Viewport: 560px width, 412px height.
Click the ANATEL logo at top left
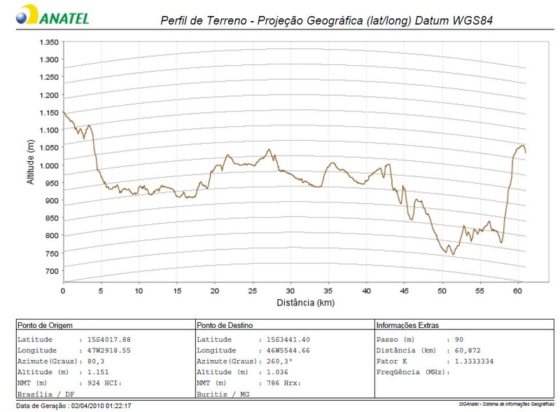click(52, 15)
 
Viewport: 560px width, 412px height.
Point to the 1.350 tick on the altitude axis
click(48, 42)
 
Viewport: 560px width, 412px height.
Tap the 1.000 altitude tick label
click(48, 165)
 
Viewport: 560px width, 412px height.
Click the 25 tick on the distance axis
click(253, 290)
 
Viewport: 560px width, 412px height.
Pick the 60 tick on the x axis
click(518, 290)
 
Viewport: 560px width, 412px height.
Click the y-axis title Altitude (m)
click(30, 162)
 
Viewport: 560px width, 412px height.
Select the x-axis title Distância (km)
click(294, 303)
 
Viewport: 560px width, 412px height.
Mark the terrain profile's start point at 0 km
click(64, 112)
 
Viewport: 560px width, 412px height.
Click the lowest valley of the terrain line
click(454, 254)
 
